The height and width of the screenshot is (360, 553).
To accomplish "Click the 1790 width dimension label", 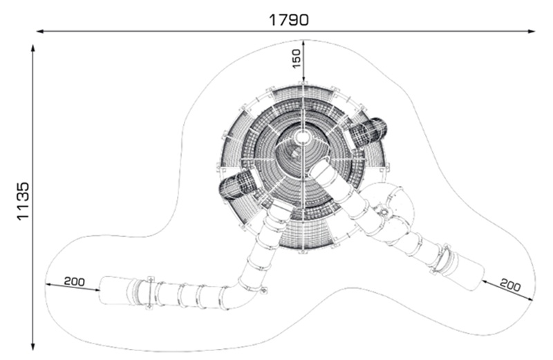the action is [288, 20].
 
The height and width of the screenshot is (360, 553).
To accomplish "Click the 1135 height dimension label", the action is [23, 201].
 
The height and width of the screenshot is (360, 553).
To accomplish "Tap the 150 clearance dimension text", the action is [297, 59].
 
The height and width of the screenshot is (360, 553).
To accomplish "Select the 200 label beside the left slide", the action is [75, 281].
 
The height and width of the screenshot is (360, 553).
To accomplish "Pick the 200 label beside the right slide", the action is [510, 284].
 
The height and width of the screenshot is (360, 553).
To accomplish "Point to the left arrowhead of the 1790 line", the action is [40, 31].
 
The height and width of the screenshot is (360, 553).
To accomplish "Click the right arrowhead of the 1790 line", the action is [532, 31].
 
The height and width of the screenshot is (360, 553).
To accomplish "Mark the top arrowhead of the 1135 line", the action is [32, 48].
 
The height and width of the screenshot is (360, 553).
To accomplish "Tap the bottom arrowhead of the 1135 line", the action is [32, 346].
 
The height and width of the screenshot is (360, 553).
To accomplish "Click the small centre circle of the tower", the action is [302, 136].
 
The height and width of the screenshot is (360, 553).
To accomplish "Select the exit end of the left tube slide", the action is [113, 290].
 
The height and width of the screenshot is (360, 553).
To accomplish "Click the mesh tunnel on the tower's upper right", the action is [368, 132].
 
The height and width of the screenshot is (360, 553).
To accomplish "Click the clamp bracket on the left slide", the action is [151, 293].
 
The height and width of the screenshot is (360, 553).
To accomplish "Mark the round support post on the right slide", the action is [384, 212].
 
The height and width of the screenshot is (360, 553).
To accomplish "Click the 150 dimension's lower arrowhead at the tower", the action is [303, 79].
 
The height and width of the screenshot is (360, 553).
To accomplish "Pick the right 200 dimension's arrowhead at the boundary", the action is [530, 299].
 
